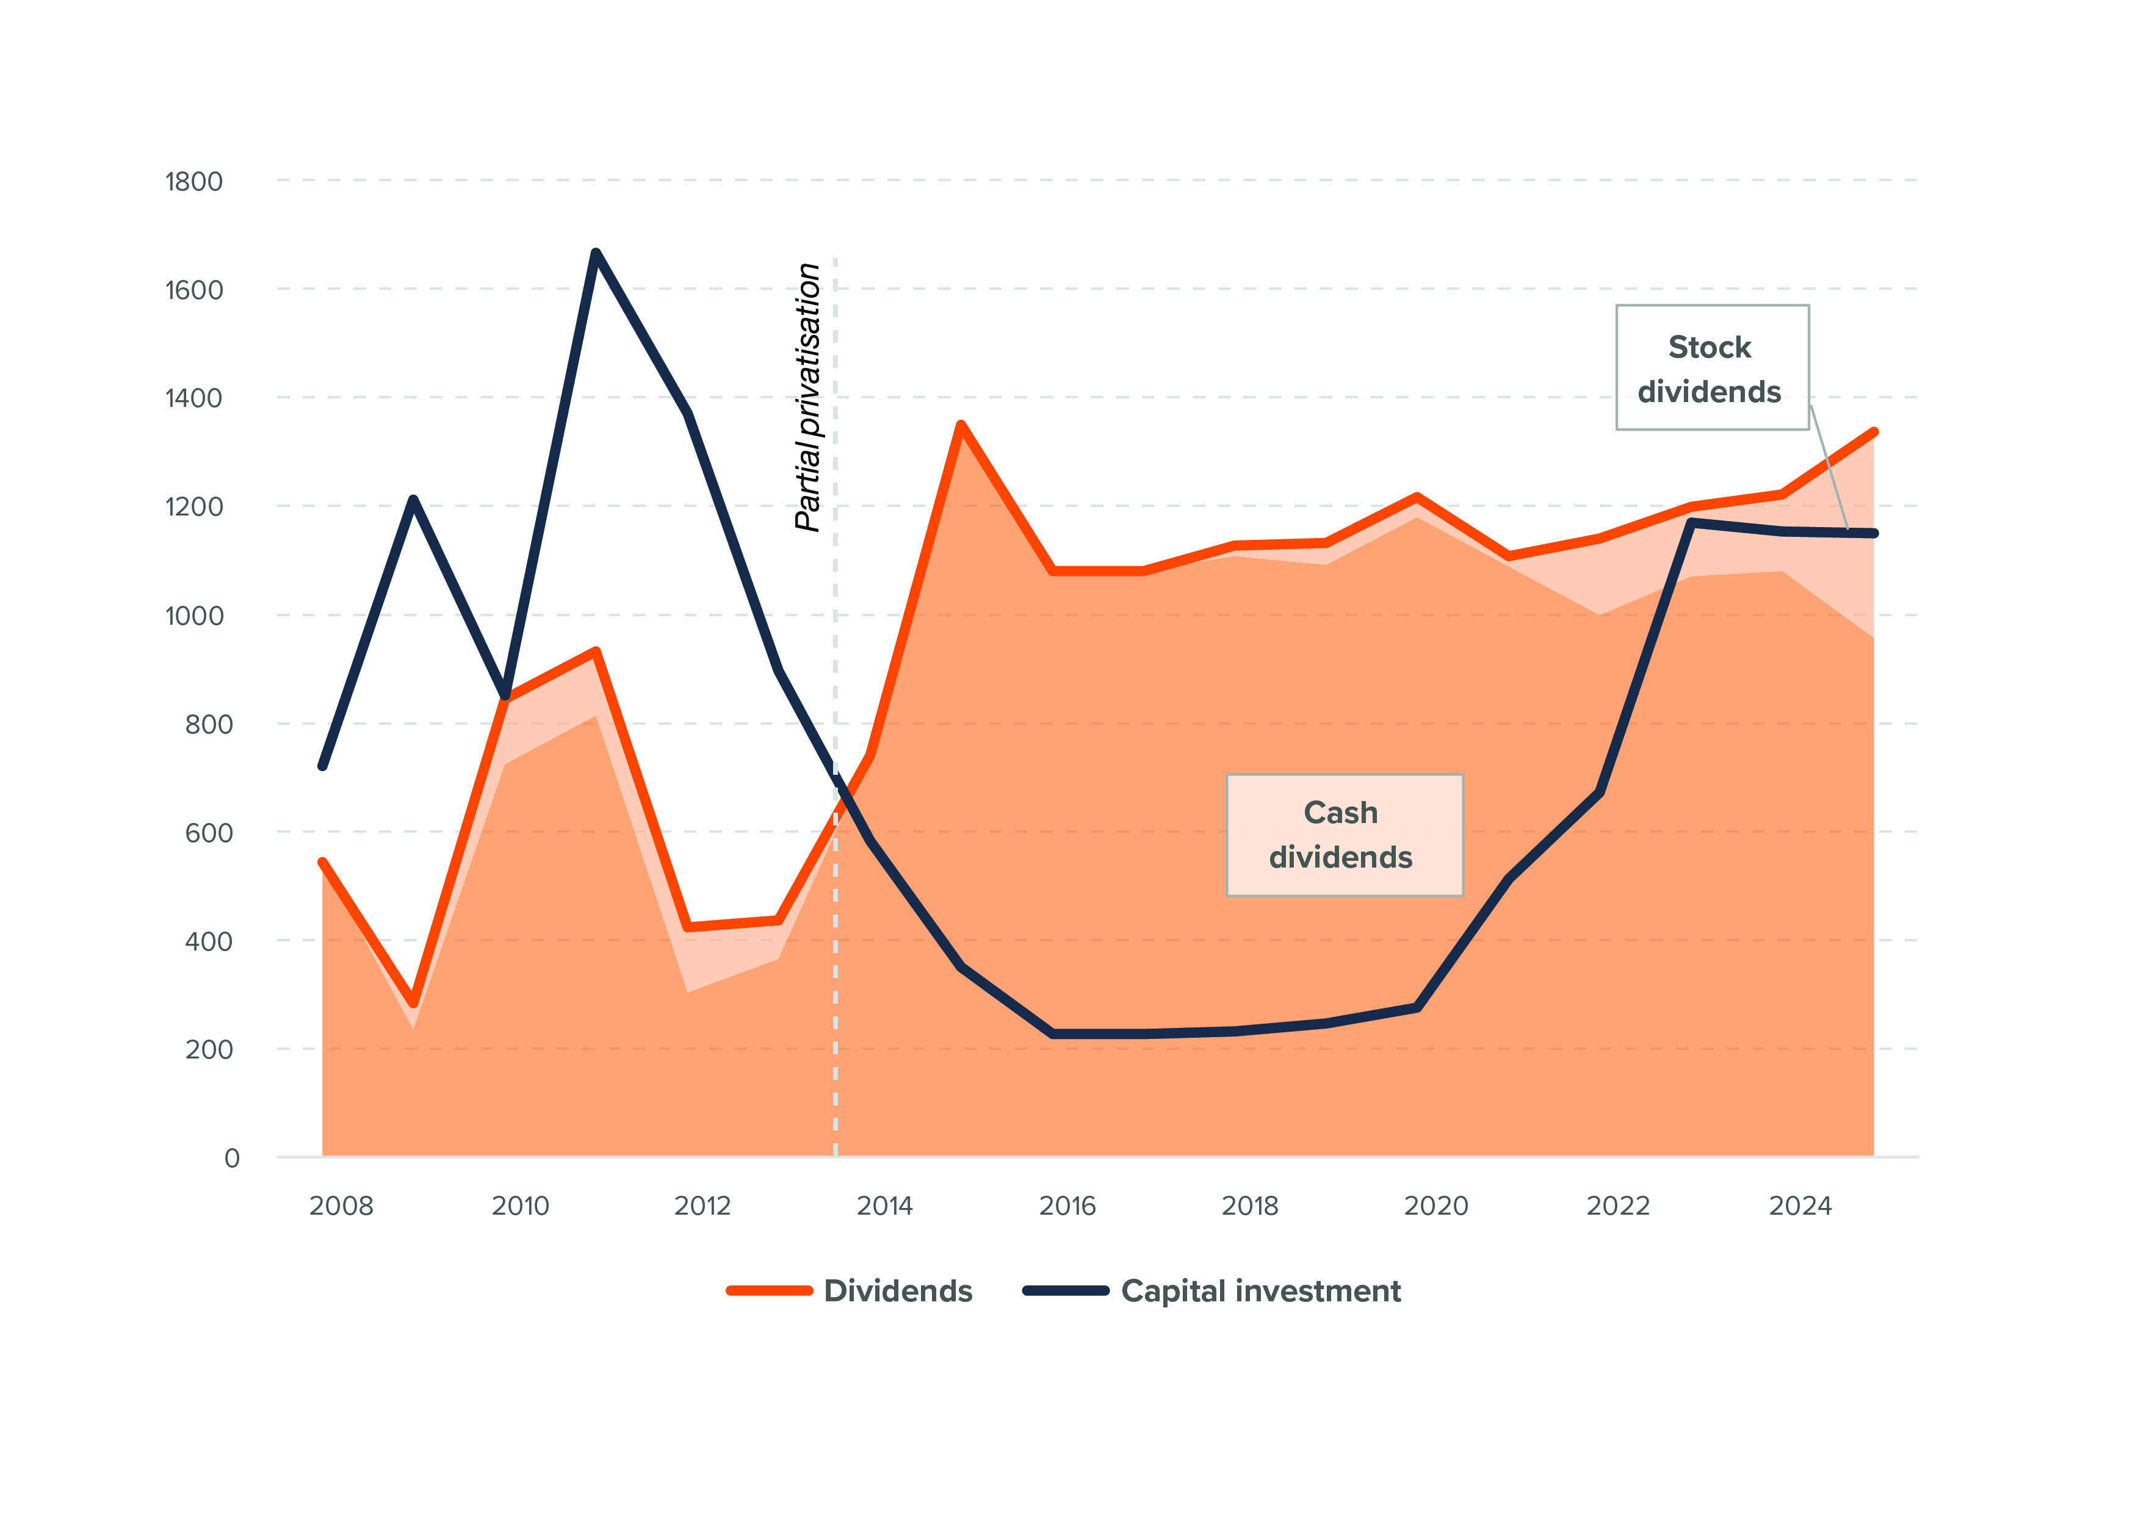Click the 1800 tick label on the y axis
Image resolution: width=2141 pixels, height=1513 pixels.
[x=194, y=182]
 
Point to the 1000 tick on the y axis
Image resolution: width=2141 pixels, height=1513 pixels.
[x=194, y=616]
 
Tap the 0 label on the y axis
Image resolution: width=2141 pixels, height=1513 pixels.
[x=232, y=1159]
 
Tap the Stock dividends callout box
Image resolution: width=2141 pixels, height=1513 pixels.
[x=1712, y=368]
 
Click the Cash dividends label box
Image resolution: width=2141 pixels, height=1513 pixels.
[x=1344, y=835]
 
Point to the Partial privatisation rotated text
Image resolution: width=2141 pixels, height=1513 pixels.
[x=807, y=397]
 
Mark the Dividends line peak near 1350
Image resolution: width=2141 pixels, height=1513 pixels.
[x=961, y=425]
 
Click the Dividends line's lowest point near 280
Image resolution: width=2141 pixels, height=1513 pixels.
[x=413, y=1003]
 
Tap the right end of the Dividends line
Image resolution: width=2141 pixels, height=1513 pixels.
[x=1874, y=433]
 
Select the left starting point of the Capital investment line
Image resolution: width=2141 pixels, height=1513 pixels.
[x=323, y=766]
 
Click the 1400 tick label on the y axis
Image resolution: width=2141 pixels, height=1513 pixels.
[x=194, y=399]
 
